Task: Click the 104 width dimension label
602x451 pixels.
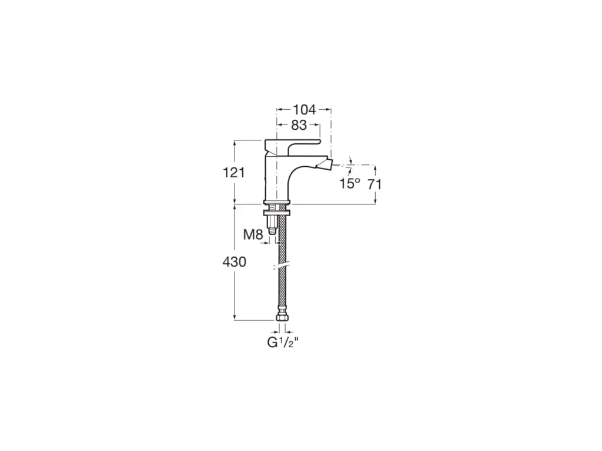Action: click(x=305, y=109)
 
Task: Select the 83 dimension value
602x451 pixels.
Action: click(x=299, y=125)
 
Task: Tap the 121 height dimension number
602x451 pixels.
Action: click(x=234, y=172)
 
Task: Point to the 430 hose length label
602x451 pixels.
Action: click(x=234, y=262)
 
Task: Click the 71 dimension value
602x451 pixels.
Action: click(x=375, y=184)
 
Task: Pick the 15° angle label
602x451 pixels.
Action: click(x=349, y=184)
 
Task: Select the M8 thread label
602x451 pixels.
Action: click(x=253, y=235)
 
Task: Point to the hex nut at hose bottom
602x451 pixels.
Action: click(x=282, y=318)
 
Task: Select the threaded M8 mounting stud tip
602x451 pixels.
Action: click(x=272, y=230)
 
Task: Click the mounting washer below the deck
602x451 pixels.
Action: click(x=277, y=213)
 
